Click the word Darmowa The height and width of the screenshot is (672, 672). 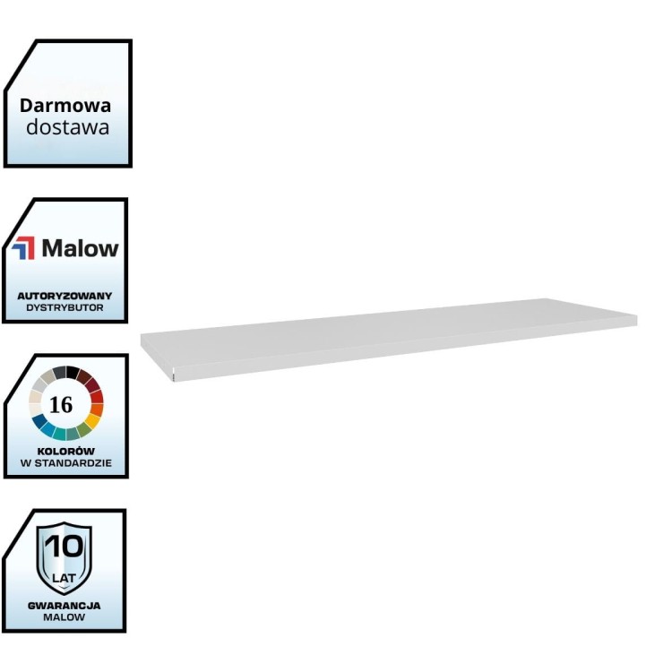tap(66, 105)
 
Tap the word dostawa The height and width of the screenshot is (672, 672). tap(67, 127)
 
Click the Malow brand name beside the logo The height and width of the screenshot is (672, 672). tap(80, 248)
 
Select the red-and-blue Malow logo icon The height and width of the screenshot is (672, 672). tap(25, 248)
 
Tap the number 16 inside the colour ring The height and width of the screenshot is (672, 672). tap(61, 405)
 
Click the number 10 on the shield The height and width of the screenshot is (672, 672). tap(64, 546)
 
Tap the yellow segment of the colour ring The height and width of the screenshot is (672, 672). tap(92, 420)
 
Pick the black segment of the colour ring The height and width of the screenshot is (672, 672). tap(59, 372)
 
